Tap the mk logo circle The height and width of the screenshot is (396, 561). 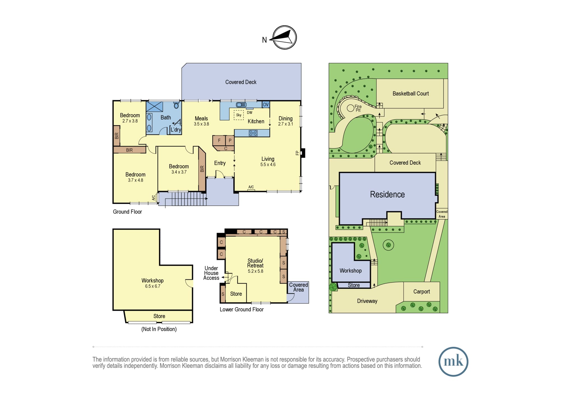[x=453, y=362]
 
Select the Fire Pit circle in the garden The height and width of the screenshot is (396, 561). [x=350, y=108]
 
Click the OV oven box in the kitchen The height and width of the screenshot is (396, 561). [x=266, y=104]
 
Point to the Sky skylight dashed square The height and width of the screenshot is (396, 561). [x=239, y=115]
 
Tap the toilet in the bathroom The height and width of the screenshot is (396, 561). [x=176, y=105]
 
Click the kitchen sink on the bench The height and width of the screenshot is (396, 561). [x=241, y=105]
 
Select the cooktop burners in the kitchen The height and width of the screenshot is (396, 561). [x=253, y=133]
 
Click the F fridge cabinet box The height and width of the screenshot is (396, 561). [x=219, y=141]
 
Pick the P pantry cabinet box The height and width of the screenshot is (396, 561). [x=230, y=141]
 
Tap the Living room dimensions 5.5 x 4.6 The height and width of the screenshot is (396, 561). [x=268, y=165]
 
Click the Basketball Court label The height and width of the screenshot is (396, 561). [x=411, y=94]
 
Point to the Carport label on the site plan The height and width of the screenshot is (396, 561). [x=421, y=292]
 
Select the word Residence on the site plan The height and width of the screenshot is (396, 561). [x=387, y=194]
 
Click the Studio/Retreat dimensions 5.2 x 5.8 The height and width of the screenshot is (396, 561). [x=256, y=271]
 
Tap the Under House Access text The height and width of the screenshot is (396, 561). [x=211, y=273]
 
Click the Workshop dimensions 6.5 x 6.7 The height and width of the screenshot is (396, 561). [x=153, y=286]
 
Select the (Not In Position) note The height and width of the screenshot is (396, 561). [x=159, y=329]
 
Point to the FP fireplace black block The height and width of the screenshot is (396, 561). [x=303, y=153]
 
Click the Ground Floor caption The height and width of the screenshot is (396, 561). [x=127, y=212]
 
